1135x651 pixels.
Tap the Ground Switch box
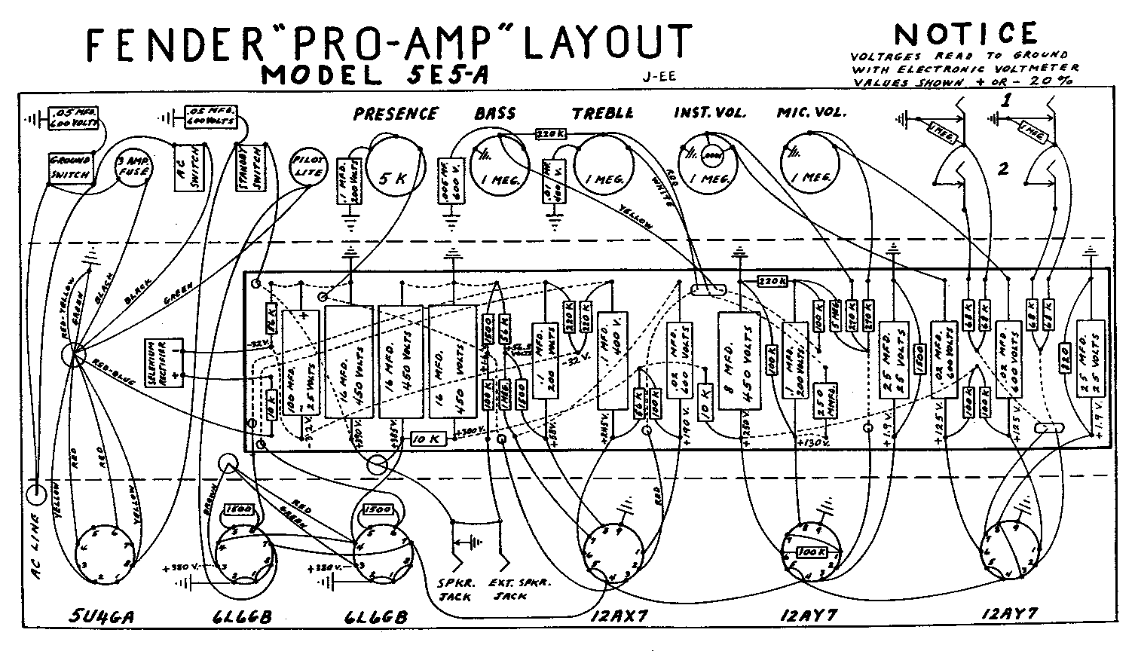coord(69,168)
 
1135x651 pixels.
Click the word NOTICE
coord(965,33)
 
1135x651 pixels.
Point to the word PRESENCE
coord(396,114)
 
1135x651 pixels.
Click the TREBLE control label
coord(602,114)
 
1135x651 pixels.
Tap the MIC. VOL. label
coord(812,113)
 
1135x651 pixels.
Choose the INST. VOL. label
coord(709,113)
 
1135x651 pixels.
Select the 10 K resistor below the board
coord(428,439)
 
